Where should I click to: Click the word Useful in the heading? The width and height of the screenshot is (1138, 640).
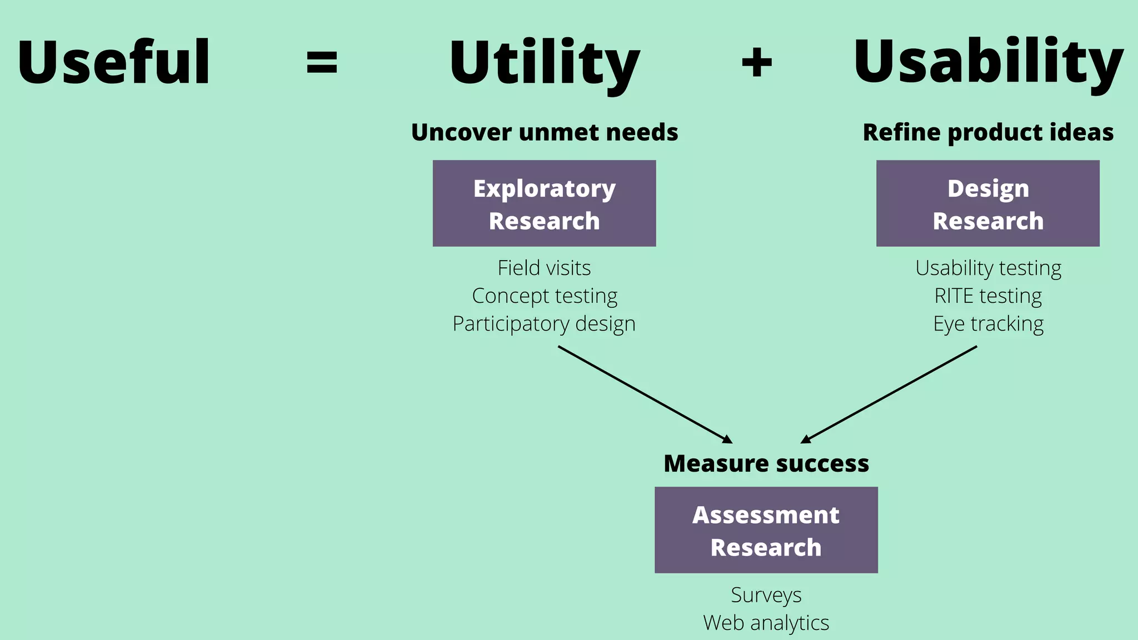click(x=114, y=62)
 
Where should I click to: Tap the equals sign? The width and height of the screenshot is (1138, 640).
click(x=322, y=62)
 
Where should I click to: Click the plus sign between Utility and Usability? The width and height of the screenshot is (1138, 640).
click(x=757, y=62)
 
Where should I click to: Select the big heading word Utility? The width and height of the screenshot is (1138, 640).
click(x=544, y=62)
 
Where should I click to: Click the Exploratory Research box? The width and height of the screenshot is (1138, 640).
click(x=544, y=203)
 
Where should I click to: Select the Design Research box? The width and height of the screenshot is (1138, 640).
click(x=987, y=203)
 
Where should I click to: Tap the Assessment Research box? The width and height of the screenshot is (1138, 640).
click(x=766, y=530)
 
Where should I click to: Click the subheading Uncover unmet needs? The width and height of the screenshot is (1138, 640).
click(x=544, y=132)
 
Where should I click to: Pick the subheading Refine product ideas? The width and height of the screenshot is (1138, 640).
click(x=988, y=132)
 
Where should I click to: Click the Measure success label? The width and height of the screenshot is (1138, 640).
click(x=766, y=463)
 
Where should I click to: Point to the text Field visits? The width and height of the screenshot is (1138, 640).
click(x=544, y=268)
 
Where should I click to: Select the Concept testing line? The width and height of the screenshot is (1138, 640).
click(x=544, y=296)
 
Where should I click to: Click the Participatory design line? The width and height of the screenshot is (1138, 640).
click(x=544, y=324)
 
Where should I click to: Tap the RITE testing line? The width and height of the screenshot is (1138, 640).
click(x=988, y=296)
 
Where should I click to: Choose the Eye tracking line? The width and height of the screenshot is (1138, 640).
click(x=988, y=324)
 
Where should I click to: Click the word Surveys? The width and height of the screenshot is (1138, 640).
click(x=766, y=595)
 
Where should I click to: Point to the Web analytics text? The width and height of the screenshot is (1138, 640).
click(x=766, y=623)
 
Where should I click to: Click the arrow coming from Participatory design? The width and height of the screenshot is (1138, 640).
click(x=645, y=394)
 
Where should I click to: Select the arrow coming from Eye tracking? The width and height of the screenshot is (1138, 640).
click(x=889, y=394)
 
